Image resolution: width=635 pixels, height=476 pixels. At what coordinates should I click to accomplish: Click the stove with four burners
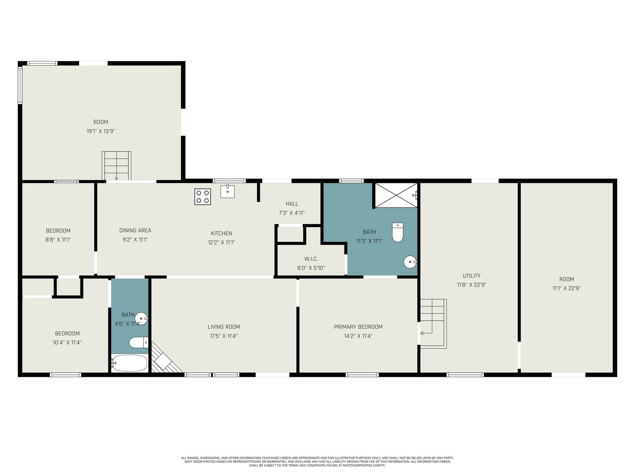point(202,196)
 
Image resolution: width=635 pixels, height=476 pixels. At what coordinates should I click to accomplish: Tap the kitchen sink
point(227,191)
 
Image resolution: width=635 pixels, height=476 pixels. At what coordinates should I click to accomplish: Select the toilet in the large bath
point(398,232)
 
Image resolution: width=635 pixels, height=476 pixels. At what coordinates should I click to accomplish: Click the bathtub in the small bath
point(129,363)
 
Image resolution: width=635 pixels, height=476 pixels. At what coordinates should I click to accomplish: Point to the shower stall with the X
point(396,195)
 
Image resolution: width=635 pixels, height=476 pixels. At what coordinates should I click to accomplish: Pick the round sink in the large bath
point(410,262)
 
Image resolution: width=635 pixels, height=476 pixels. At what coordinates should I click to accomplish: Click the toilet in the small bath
point(139,343)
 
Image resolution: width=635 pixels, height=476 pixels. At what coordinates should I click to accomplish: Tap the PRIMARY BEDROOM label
point(358,327)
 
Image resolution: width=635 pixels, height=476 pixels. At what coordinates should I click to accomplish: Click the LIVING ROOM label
point(223,327)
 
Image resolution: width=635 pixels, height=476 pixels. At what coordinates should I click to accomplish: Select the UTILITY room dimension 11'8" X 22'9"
point(471,285)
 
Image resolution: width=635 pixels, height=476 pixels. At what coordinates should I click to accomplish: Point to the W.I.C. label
point(311,259)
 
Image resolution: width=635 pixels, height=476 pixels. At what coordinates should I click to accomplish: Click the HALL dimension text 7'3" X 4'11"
point(292,213)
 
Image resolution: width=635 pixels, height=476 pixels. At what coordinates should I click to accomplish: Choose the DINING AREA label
point(135,230)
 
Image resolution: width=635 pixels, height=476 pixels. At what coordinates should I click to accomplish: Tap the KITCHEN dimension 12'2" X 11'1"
point(221,242)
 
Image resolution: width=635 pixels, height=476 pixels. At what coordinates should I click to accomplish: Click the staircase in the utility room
point(433,324)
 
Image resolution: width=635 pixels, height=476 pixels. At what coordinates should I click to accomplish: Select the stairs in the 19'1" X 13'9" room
point(116,165)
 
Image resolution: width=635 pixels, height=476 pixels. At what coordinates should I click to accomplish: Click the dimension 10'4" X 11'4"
point(67,342)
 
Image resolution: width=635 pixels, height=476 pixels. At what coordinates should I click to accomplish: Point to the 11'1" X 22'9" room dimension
point(566,288)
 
